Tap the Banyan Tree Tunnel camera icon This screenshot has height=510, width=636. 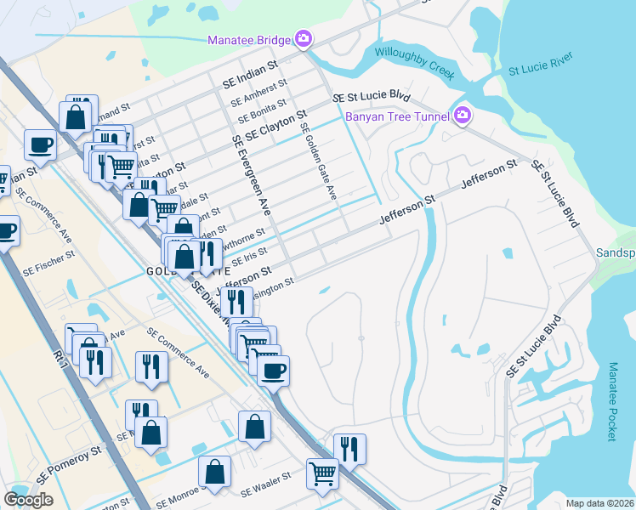(x=463, y=115)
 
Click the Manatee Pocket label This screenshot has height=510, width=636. (x=613, y=402)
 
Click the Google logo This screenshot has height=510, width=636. (x=28, y=500)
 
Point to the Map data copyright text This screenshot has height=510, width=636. (x=599, y=503)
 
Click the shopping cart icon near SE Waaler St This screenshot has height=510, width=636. (x=322, y=473)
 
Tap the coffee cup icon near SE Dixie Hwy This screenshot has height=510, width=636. (x=273, y=371)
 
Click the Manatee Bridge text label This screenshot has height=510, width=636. (x=249, y=39)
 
